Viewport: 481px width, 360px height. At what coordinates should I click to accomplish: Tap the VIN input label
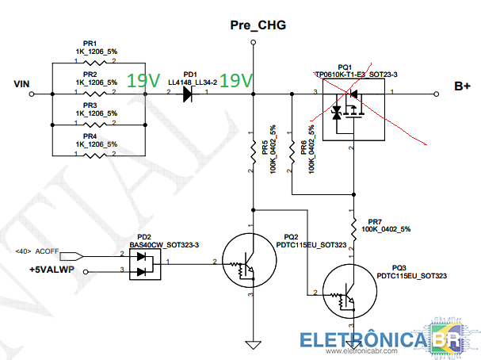pos(22,82)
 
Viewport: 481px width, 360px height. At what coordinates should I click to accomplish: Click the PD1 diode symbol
pos(188,94)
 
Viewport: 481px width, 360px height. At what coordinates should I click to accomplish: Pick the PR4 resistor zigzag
pos(94,154)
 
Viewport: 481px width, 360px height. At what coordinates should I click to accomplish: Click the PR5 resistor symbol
pos(252,151)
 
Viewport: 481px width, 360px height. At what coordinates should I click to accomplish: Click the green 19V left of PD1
pos(143,80)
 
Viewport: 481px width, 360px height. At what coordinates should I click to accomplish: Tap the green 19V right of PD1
pos(235,80)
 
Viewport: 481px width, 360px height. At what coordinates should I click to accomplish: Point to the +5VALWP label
pos(51,270)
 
